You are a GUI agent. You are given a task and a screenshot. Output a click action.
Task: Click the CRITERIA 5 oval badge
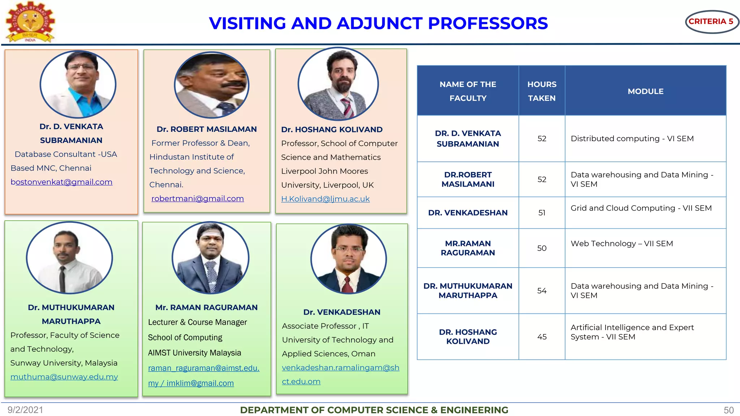pos(711,22)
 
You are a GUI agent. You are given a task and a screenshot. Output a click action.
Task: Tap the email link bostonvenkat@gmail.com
pos(61,182)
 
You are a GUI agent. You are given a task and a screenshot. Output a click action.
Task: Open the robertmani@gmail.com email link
pos(197,199)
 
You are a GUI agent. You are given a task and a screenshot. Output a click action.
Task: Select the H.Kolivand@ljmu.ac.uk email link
pos(325,199)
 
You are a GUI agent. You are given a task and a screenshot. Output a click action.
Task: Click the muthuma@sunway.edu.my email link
pos(64,377)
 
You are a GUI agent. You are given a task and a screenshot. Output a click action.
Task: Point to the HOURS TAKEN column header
pos(542,91)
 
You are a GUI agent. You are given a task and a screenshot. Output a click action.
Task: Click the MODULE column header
pos(645,91)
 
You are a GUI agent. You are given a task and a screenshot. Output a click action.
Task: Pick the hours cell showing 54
pos(542,291)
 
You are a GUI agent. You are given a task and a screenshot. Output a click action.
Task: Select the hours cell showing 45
pos(542,337)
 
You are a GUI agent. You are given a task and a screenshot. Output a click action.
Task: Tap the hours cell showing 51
pos(542,213)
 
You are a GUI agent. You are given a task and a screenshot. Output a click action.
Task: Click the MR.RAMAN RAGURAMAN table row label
pos(468,248)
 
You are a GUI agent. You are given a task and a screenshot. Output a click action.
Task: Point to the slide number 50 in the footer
pos(728,410)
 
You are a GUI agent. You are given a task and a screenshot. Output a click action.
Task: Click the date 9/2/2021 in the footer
pos(25,410)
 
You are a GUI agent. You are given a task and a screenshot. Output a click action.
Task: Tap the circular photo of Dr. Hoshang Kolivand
pos(338,84)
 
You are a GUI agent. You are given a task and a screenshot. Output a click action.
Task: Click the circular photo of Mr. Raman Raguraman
pos(210,258)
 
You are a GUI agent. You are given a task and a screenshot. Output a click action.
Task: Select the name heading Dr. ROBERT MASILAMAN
pos(206,129)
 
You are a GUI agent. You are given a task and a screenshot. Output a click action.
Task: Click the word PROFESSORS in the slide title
pos(488,23)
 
